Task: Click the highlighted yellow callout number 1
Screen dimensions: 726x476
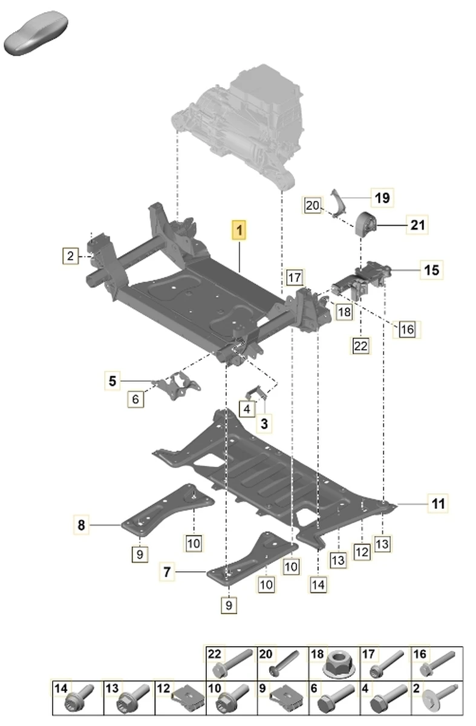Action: click(240, 231)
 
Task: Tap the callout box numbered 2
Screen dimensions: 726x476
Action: click(70, 256)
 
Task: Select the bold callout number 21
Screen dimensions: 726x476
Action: click(418, 226)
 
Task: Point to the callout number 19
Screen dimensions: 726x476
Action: click(382, 197)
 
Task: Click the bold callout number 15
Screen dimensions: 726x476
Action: click(432, 269)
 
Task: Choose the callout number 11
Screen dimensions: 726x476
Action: click(438, 502)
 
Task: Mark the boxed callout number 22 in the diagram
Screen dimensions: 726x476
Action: click(360, 346)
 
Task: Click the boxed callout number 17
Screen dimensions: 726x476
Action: click(294, 278)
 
